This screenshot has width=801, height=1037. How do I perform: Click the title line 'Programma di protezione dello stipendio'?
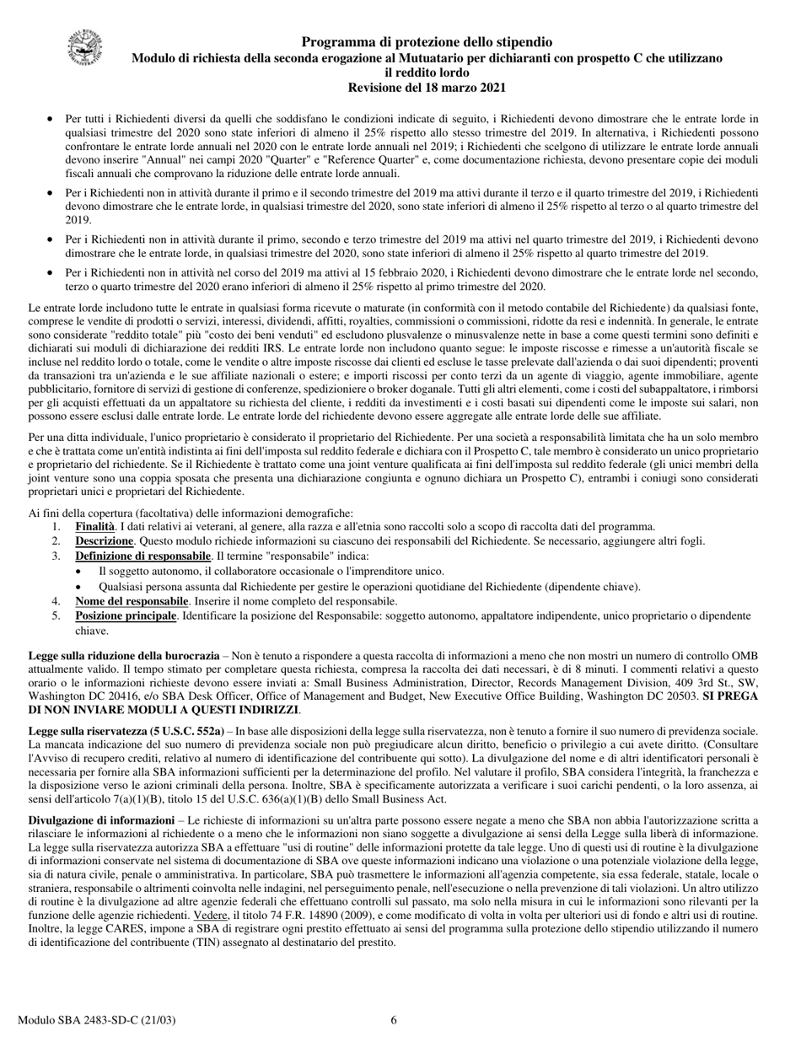[427, 41]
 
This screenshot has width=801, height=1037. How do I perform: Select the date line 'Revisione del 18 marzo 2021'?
[427, 87]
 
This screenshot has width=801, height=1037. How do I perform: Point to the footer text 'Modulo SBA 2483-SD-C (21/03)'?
[96, 1020]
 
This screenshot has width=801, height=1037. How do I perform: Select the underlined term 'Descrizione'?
[104, 541]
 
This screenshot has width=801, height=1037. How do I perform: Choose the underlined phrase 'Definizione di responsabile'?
[142, 556]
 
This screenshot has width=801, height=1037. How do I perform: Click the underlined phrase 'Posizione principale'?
[126, 616]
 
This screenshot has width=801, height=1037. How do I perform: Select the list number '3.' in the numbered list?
[56, 556]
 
